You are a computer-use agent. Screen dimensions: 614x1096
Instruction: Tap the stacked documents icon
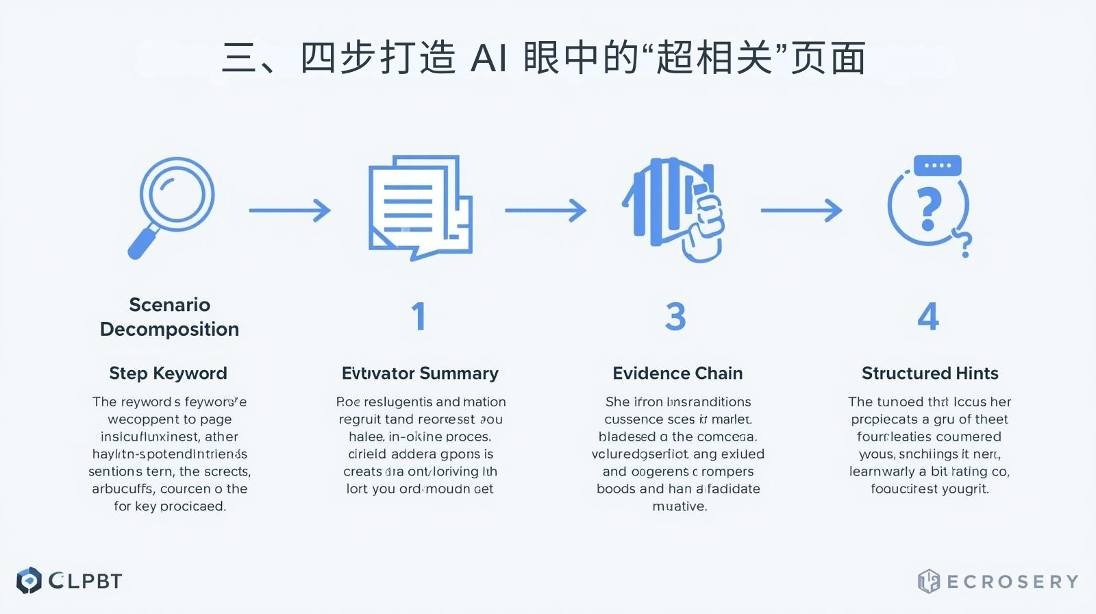click(420, 207)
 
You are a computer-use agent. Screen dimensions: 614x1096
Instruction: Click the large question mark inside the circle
click(928, 209)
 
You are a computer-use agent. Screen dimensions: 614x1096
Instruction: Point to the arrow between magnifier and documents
click(290, 210)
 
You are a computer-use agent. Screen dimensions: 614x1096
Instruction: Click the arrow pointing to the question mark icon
click(801, 210)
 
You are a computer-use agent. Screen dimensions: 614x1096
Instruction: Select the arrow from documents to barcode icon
click(546, 210)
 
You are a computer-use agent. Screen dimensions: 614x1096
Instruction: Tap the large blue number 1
click(419, 317)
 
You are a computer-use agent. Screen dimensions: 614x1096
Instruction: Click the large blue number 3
click(675, 317)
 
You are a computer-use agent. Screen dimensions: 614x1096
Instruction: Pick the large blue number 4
click(928, 317)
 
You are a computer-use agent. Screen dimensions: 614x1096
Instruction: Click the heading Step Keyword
click(169, 373)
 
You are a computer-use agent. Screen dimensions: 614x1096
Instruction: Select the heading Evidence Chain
click(677, 373)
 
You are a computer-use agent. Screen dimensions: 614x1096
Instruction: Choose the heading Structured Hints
click(930, 373)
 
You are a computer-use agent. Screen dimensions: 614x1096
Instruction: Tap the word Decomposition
click(169, 330)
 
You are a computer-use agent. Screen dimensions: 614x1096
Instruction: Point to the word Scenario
click(169, 305)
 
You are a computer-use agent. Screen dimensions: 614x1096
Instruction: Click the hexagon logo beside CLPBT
click(29, 581)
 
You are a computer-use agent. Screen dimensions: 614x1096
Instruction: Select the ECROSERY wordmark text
click(1012, 582)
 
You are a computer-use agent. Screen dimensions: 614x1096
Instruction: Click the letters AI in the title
click(489, 58)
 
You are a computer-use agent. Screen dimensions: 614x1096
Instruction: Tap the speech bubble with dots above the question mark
click(937, 165)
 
